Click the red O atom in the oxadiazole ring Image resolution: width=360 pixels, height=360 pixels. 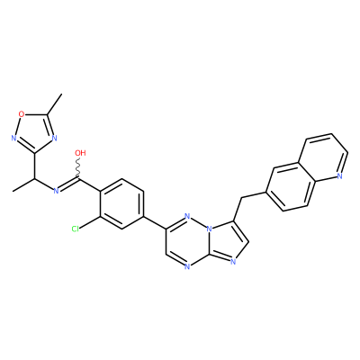tap(21, 114)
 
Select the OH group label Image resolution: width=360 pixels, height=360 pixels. tap(80, 153)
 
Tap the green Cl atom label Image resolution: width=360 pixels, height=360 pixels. tap(76, 229)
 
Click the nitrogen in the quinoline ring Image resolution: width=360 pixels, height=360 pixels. tap(339, 176)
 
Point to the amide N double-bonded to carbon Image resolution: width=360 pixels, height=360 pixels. tap(56, 191)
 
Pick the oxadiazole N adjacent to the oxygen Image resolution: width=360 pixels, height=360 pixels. tap(13, 138)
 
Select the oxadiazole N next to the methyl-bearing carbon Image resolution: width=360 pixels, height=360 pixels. tap(54, 138)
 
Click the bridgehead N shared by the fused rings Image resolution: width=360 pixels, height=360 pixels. tap(210, 229)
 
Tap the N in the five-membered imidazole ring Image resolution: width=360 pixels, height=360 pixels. tap(234, 263)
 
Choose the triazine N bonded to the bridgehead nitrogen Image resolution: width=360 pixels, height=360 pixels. tap(187, 216)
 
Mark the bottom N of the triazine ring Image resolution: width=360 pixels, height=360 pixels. tap(187, 266)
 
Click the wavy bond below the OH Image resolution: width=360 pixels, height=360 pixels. tap(78, 168)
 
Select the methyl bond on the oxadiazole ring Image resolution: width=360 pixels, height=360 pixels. tap(54, 104)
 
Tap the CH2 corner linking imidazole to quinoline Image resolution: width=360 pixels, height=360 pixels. tap(241, 198)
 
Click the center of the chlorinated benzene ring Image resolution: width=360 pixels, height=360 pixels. tap(121, 204)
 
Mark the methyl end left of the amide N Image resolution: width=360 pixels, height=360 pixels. tap(13, 191)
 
